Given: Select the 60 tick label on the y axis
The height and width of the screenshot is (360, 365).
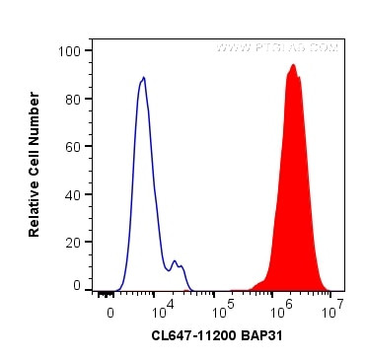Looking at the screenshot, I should tap(72, 145).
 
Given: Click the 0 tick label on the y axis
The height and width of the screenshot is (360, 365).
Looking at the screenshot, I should tap(76, 285).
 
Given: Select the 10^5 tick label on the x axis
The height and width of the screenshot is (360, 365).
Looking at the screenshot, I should tap(227, 308).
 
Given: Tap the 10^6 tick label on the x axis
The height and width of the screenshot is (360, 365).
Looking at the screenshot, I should tap(284, 308).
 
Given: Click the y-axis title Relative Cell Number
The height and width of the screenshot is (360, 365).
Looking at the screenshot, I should tap(35, 164).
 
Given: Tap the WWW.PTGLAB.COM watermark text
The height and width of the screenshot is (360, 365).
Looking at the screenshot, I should tap(278, 47).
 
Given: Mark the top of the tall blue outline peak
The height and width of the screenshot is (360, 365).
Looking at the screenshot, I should tap(144, 77).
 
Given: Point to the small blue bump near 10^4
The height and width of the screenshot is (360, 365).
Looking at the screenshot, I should tap(175, 261).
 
